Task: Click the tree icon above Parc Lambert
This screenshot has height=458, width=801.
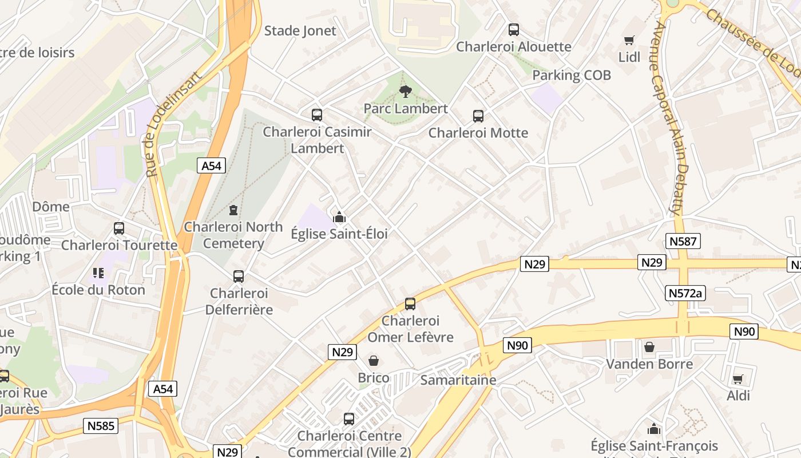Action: tap(406, 91)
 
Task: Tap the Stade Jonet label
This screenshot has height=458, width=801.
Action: tap(300, 31)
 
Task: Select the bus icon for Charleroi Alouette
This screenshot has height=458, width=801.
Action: tap(514, 30)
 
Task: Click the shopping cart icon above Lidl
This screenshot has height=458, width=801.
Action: tap(629, 40)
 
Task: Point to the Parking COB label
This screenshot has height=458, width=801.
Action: tap(571, 75)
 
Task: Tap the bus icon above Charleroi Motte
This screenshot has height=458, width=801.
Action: tap(478, 116)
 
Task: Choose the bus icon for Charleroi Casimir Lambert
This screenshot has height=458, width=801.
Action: tap(317, 115)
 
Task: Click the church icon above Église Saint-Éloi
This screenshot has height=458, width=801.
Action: tap(339, 217)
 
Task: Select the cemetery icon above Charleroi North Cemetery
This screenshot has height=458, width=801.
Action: tap(233, 210)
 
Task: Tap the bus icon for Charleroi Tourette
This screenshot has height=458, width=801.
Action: tap(119, 228)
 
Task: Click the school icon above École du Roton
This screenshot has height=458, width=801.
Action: tap(98, 273)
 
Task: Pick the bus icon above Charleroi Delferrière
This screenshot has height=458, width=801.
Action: tap(239, 277)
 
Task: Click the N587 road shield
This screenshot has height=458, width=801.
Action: tap(683, 241)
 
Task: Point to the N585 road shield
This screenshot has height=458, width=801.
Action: tap(101, 425)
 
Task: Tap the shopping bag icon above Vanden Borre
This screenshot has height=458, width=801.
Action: tap(649, 347)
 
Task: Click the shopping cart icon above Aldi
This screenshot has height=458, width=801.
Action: tap(738, 379)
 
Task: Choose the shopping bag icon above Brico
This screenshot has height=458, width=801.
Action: tap(374, 361)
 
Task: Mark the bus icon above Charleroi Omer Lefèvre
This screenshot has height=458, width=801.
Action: tap(410, 304)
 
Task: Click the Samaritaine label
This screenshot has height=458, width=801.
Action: tap(458, 380)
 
